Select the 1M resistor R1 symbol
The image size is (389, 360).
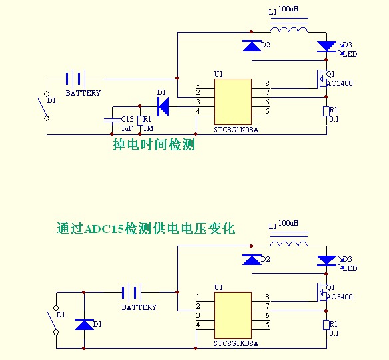[x=139, y=120]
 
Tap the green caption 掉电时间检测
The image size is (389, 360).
[x=154, y=144]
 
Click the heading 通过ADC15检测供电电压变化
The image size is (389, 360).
[x=146, y=228]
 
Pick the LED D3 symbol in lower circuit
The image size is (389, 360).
[x=326, y=260]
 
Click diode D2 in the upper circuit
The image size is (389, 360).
[x=252, y=45]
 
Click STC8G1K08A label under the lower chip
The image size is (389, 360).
[x=236, y=344]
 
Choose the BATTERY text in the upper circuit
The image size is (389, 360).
[x=83, y=94]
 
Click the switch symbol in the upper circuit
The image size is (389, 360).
[x=46, y=106]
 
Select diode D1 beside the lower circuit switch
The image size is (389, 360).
[x=84, y=325]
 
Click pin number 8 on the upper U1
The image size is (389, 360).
[x=267, y=83]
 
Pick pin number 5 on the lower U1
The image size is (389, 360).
[x=267, y=325]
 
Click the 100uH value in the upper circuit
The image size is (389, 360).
[x=289, y=9]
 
